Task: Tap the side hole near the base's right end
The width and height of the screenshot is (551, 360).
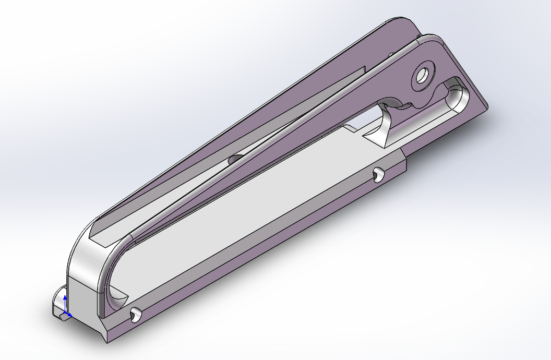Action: coord(377,174)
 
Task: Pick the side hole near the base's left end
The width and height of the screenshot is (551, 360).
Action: coord(135,314)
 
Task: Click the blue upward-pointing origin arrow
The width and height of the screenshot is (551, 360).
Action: coord(65,300)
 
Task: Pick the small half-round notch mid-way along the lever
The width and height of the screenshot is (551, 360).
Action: coord(235,158)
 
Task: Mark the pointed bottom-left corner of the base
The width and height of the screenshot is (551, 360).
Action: coord(107,342)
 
